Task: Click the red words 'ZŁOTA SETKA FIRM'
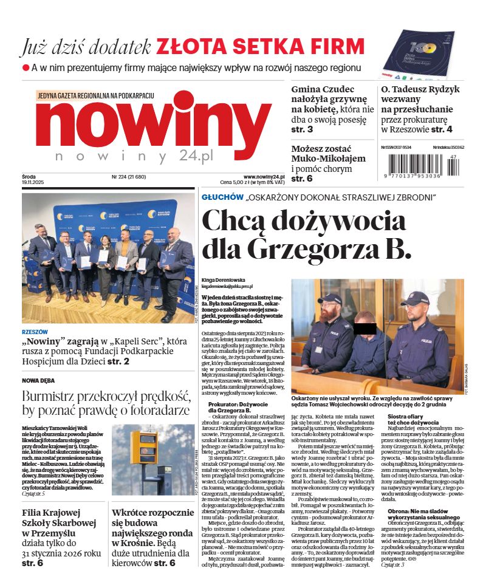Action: [x=260, y=46]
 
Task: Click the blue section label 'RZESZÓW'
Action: [x=35, y=332]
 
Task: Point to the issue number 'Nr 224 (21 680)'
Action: [x=128, y=177]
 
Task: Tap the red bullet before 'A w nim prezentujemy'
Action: [x=26, y=68]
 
